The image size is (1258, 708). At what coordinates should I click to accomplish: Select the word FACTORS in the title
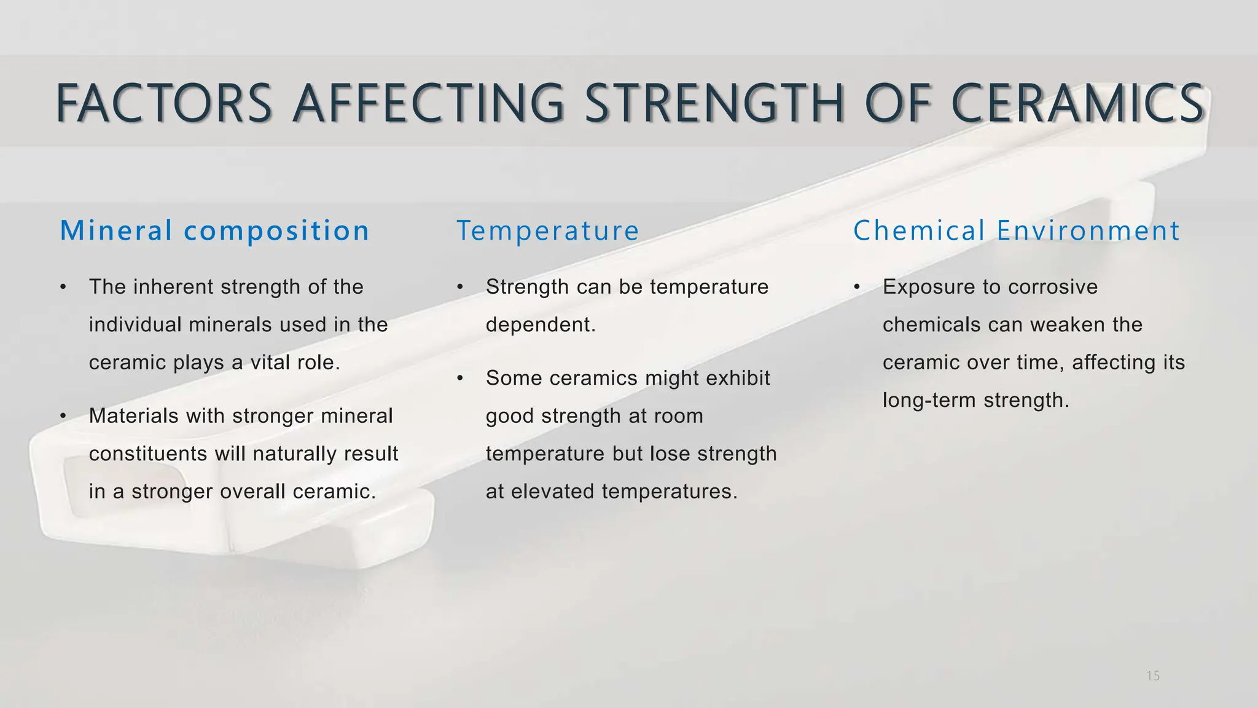[x=164, y=103]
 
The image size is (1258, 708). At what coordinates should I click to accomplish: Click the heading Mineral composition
[x=214, y=231]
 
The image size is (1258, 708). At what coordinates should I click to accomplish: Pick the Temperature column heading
[x=547, y=231]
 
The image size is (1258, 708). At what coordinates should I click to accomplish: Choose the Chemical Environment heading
[x=1016, y=231]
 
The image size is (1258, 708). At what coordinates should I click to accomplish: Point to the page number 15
[x=1153, y=676]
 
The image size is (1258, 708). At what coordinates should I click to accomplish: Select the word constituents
[x=148, y=454]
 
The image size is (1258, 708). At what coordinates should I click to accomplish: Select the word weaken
[x=1071, y=325]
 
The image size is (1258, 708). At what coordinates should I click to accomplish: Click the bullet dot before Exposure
[x=857, y=287]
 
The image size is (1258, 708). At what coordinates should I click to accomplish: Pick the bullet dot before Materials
[x=63, y=416]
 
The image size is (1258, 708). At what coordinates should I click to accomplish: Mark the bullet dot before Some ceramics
[x=459, y=378]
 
